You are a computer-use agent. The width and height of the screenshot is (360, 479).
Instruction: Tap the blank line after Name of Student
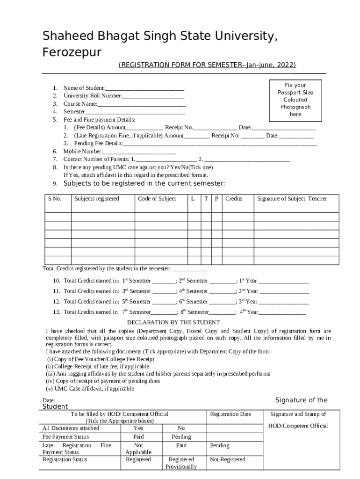(144, 88)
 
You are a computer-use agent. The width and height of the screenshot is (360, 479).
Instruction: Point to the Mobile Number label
(82, 152)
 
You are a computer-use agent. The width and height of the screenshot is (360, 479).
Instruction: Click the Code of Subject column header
(157, 199)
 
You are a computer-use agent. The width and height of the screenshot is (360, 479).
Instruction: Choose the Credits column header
(234, 199)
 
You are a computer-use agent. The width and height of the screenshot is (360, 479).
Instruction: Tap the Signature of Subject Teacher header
(292, 199)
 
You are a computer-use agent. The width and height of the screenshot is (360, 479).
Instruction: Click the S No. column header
(55, 199)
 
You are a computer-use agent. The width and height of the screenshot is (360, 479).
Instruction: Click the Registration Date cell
(230, 414)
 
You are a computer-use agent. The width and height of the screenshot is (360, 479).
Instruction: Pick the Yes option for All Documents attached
(138, 428)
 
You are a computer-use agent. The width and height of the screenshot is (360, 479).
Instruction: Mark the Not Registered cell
(228, 459)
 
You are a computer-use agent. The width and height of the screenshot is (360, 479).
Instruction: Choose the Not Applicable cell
(138, 449)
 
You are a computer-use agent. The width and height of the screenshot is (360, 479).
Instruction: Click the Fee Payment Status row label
(65, 437)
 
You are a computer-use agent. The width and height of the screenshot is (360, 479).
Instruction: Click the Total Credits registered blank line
(190, 269)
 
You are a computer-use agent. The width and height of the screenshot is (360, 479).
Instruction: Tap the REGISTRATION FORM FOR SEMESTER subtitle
(207, 65)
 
